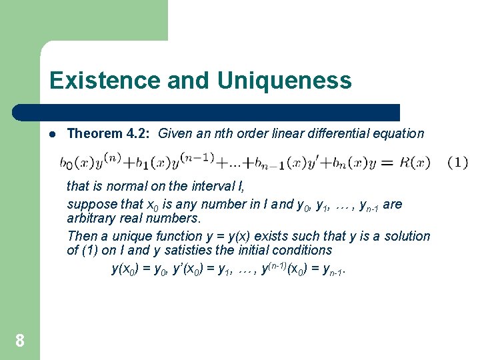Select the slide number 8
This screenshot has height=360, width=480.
click(20, 341)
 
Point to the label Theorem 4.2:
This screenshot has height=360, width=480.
click(109, 133)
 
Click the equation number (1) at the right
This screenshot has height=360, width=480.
click(457, 162)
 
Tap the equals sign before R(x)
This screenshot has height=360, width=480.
click(390, 162)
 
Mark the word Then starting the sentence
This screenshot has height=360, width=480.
click(81, 236)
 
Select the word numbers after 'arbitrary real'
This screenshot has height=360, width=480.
click(177, 219)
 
